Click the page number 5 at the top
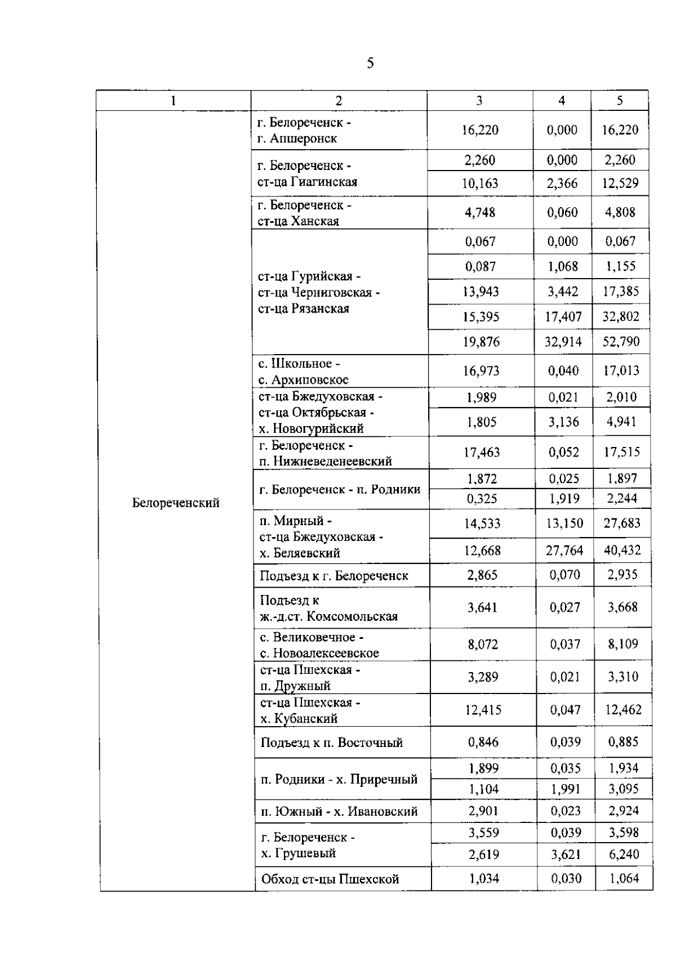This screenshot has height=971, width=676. [x=370, y=63]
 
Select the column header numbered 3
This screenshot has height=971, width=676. [x=479, y=101]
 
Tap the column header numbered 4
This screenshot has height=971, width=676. [x=562, y=100]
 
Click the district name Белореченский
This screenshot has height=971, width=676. [x=176, y=503]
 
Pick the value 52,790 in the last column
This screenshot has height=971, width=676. [x=621, y=342]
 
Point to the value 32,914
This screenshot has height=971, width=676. [x=563, y=342]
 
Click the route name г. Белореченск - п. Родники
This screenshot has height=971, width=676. [x=340, y=489]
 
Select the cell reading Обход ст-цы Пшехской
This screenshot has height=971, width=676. [x=330, y=879]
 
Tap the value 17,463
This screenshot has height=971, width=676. [x=482, y=452]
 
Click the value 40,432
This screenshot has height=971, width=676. [x=622, y=550]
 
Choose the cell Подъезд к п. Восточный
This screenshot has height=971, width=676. [x=332, y=742]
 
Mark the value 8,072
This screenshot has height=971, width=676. [x=483, y=644]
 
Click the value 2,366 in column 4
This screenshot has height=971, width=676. [x=562, y=184]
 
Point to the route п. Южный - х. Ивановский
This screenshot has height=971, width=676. [x=339, y=811]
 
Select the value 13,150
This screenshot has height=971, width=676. [x=564, y=523]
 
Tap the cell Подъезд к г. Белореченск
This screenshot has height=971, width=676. [x=334, y=576]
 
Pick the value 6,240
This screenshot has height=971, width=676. [x=623, y=854]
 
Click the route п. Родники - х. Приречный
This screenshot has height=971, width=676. [x=339, y=779]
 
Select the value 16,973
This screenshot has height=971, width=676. [x=481, y=370]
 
